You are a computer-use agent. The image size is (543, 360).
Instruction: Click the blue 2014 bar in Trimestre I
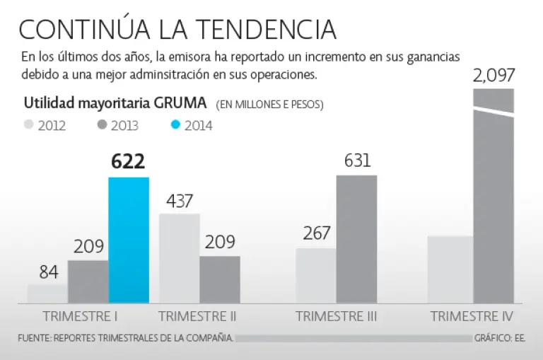(129, 240)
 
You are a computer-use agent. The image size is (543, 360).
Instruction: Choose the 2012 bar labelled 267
(315, 276)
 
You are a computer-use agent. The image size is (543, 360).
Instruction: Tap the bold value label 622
(128, 162)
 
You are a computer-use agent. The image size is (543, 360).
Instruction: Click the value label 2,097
(494, 75)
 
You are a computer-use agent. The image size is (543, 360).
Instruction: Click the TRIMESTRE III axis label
(336, 316)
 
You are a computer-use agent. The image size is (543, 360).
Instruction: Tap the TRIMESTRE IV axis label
(472, 316)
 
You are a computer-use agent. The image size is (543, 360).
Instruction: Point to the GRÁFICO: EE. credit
(501, 338)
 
